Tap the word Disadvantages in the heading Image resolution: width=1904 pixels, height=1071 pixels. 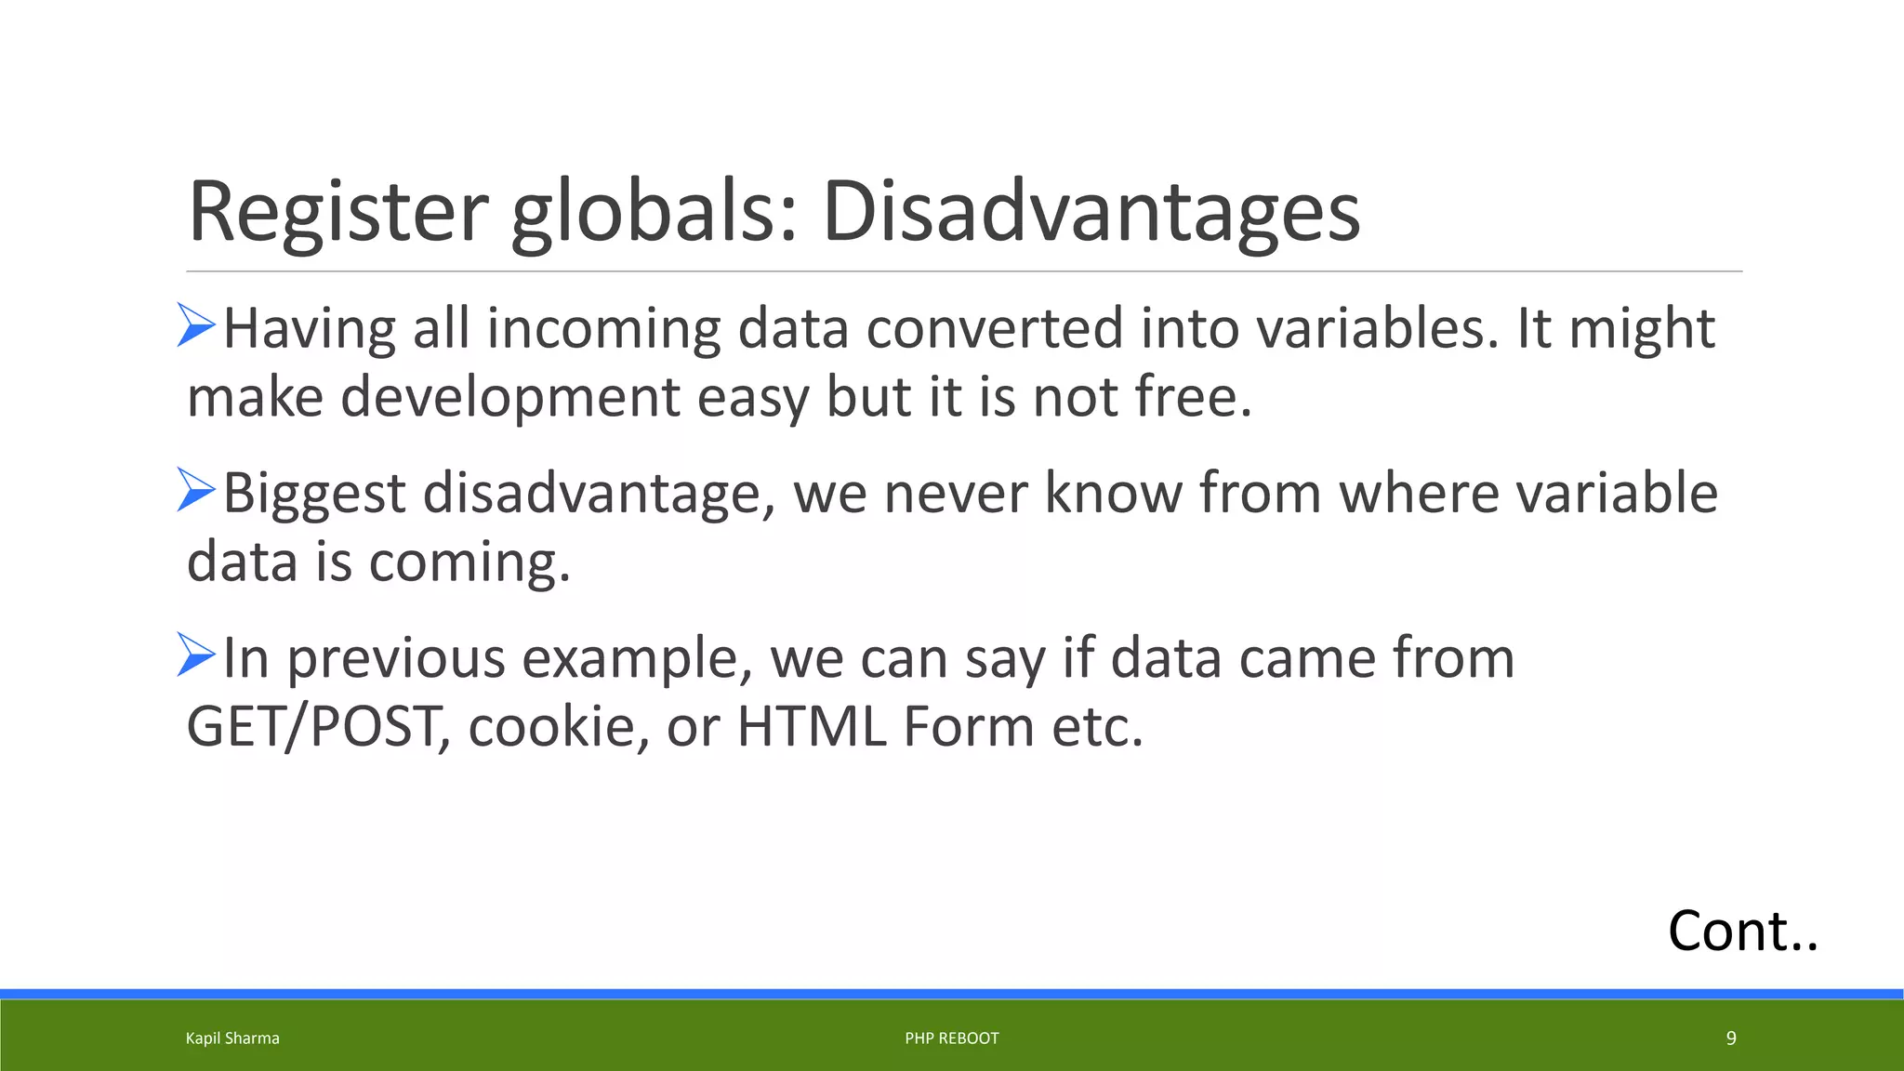[x=1091, y=212]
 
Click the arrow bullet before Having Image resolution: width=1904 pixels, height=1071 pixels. [x=196, y=325]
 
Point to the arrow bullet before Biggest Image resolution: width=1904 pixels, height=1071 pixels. [x=196, y=490]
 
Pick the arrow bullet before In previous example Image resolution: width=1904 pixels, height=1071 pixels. [x=196, y=654]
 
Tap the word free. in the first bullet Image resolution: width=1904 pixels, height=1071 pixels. [x=1194, y=397]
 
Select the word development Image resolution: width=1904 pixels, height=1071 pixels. [x=510, y=397]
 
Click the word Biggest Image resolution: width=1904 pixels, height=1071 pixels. [x=314, y=493]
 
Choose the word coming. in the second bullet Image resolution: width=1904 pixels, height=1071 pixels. [x=469, y=562]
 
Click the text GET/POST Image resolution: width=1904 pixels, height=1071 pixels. [x=313, y=726]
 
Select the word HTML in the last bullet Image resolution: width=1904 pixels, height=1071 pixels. [x=812, y=726]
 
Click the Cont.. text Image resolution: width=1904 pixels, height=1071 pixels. [x=1742, y=931]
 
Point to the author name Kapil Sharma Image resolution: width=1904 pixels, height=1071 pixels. [x=232, y=1038]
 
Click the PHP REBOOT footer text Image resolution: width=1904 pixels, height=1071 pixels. [x=951, y=1038]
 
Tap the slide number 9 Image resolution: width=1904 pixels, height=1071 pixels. [x=1730, y=1038]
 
